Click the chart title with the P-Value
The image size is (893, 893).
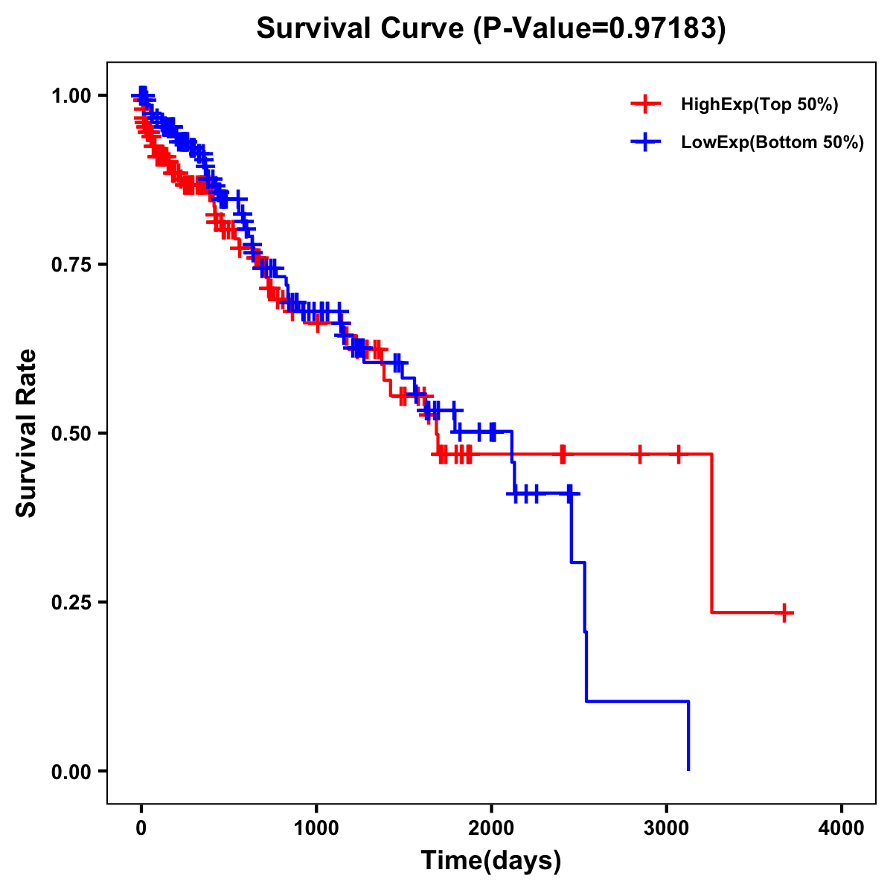(490, 28)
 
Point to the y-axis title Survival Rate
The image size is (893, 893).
(27, 432)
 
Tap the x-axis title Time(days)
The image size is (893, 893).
(491, 860)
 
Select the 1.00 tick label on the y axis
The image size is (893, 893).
(71, 95)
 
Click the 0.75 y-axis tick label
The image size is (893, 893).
(71, 264)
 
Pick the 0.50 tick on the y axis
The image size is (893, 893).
(71, 433)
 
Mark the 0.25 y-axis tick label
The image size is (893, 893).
(71, 602)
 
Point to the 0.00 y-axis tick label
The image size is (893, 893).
(71, 771)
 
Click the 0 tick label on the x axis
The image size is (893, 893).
(141, 828)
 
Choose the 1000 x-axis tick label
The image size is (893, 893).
(316, 828)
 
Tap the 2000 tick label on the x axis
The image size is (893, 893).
(491, 828)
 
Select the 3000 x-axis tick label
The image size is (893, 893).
(667, 828)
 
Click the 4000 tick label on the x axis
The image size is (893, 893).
(842, 828)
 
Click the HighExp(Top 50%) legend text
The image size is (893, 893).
(760, 105)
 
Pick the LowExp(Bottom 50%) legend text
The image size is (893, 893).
(772, 142)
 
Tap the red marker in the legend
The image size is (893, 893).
(645, 104)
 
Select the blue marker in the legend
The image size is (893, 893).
(645, 141)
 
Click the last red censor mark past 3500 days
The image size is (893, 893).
(784, 612)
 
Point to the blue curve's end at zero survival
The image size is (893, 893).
(688, 769)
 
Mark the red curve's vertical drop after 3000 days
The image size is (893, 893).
(712, 533)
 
